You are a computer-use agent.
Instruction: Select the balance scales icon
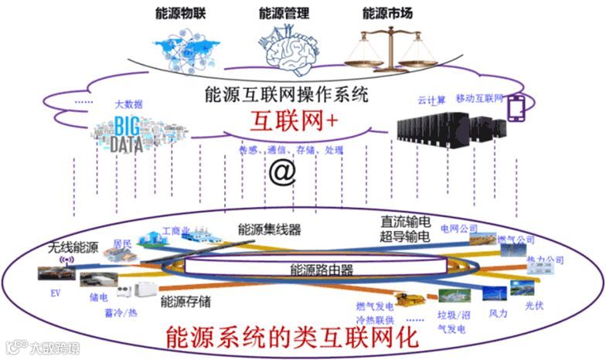(x=390, y=46)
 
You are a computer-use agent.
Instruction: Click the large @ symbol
(x=281, y=172)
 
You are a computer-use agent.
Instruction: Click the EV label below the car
(x=55, y=294)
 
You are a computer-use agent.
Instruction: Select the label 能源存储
(x=186, y=302)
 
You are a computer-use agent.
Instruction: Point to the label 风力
(x=499, y=314)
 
